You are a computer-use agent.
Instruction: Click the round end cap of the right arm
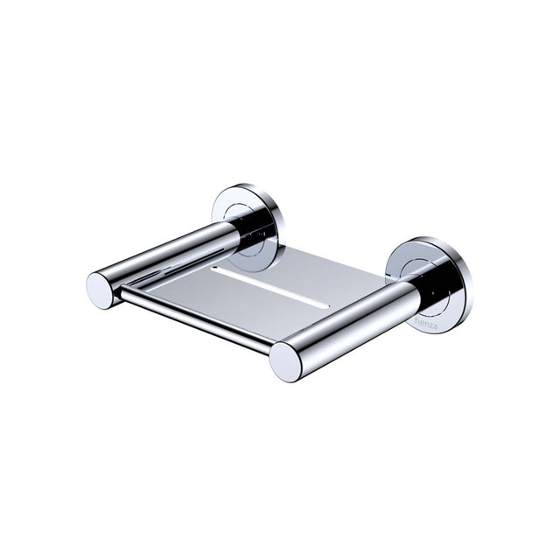(285, 361)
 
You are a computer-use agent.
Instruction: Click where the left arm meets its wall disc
(236, 229)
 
